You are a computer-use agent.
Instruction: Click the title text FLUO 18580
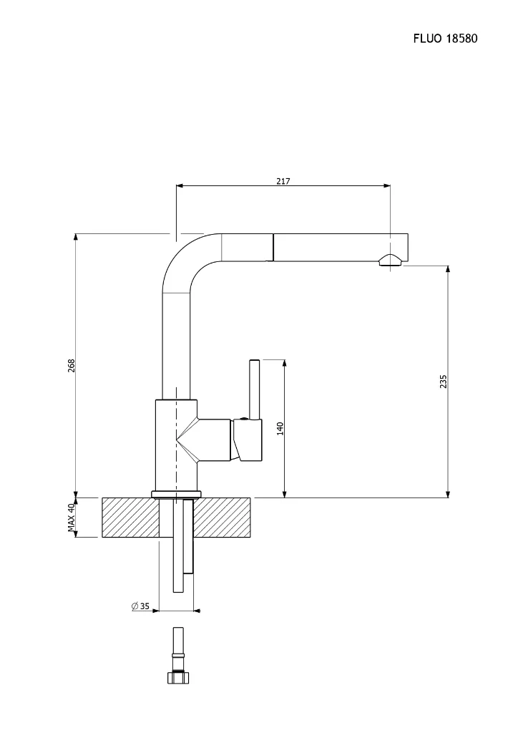444,38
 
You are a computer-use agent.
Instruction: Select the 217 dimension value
283,181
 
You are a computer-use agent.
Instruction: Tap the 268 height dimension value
72,366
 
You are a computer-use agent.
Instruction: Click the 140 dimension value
280,428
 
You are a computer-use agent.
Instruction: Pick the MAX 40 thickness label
72,517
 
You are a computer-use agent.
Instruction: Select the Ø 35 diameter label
140,606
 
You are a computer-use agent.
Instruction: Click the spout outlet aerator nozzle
390,261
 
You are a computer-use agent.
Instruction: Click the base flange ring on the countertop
176,493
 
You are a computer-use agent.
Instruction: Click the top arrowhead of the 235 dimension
448,270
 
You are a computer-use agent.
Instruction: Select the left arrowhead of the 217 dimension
180,186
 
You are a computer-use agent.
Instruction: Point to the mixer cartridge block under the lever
247,440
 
